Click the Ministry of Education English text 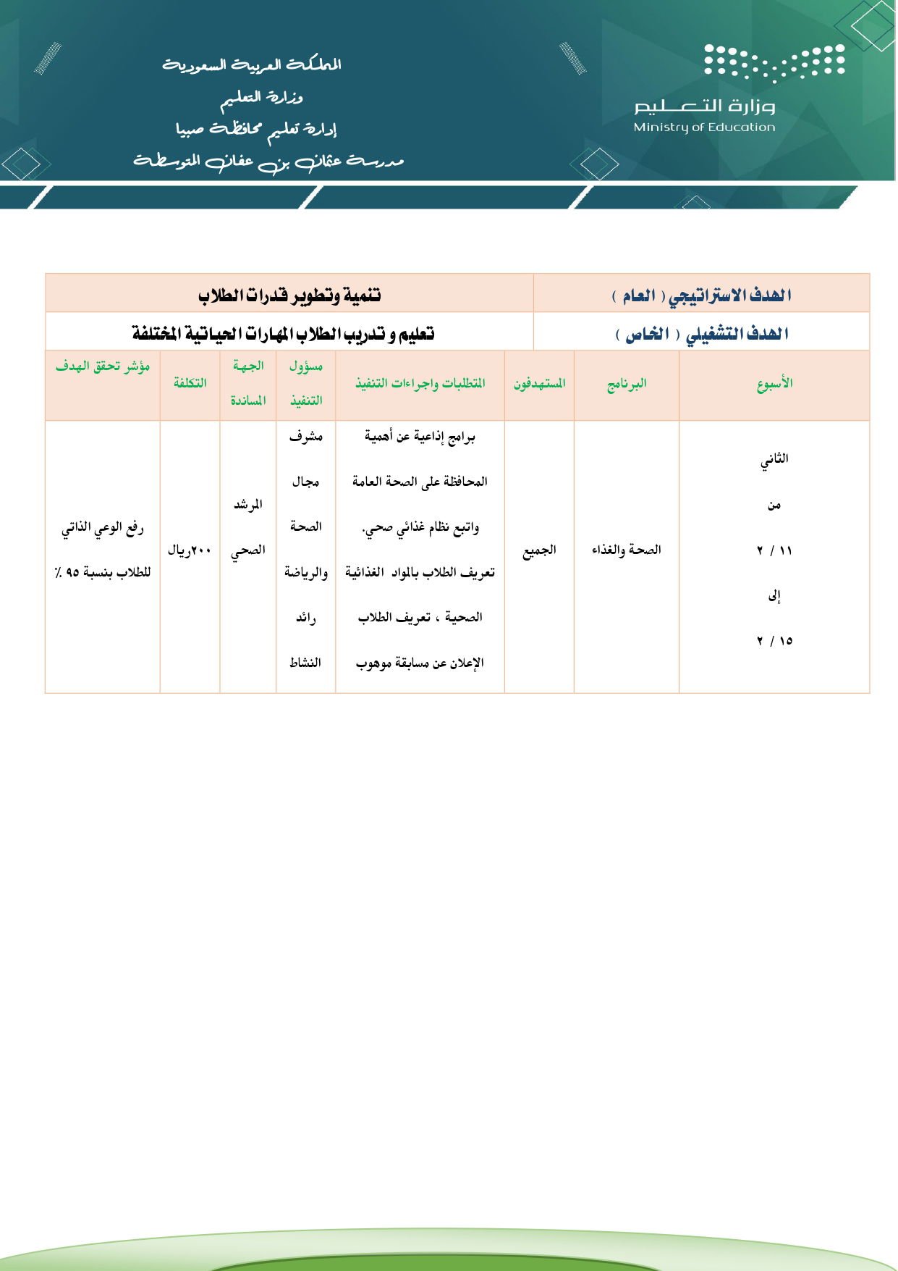[x=703, y=127]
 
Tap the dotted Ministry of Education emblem [x=774, y=61]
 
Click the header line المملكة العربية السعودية [x=251, y=65]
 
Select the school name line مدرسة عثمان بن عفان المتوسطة [x=268, y=161]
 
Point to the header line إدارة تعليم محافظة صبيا [x=256, y=130]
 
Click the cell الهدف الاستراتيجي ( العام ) [x=701, y=295]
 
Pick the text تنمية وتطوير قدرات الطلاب [x=289, y=295]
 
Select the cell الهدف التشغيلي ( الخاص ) [x=701, y=334]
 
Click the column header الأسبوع [x=774, y=384]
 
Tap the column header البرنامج [x=626, y=384]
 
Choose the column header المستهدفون [x=539, y=384]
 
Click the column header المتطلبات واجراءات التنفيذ [x=420, y=384]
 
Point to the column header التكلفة [x=190, y=384]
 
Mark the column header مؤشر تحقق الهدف [x=103, y=366]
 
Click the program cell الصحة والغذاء [x=626, y=550]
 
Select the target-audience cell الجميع [x=539, y=550]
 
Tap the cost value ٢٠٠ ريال [x=190, y=550]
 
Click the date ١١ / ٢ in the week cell [x=774, y=550]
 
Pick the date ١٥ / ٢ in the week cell [x=774, y=641]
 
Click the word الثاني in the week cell [x=774, y=459]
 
